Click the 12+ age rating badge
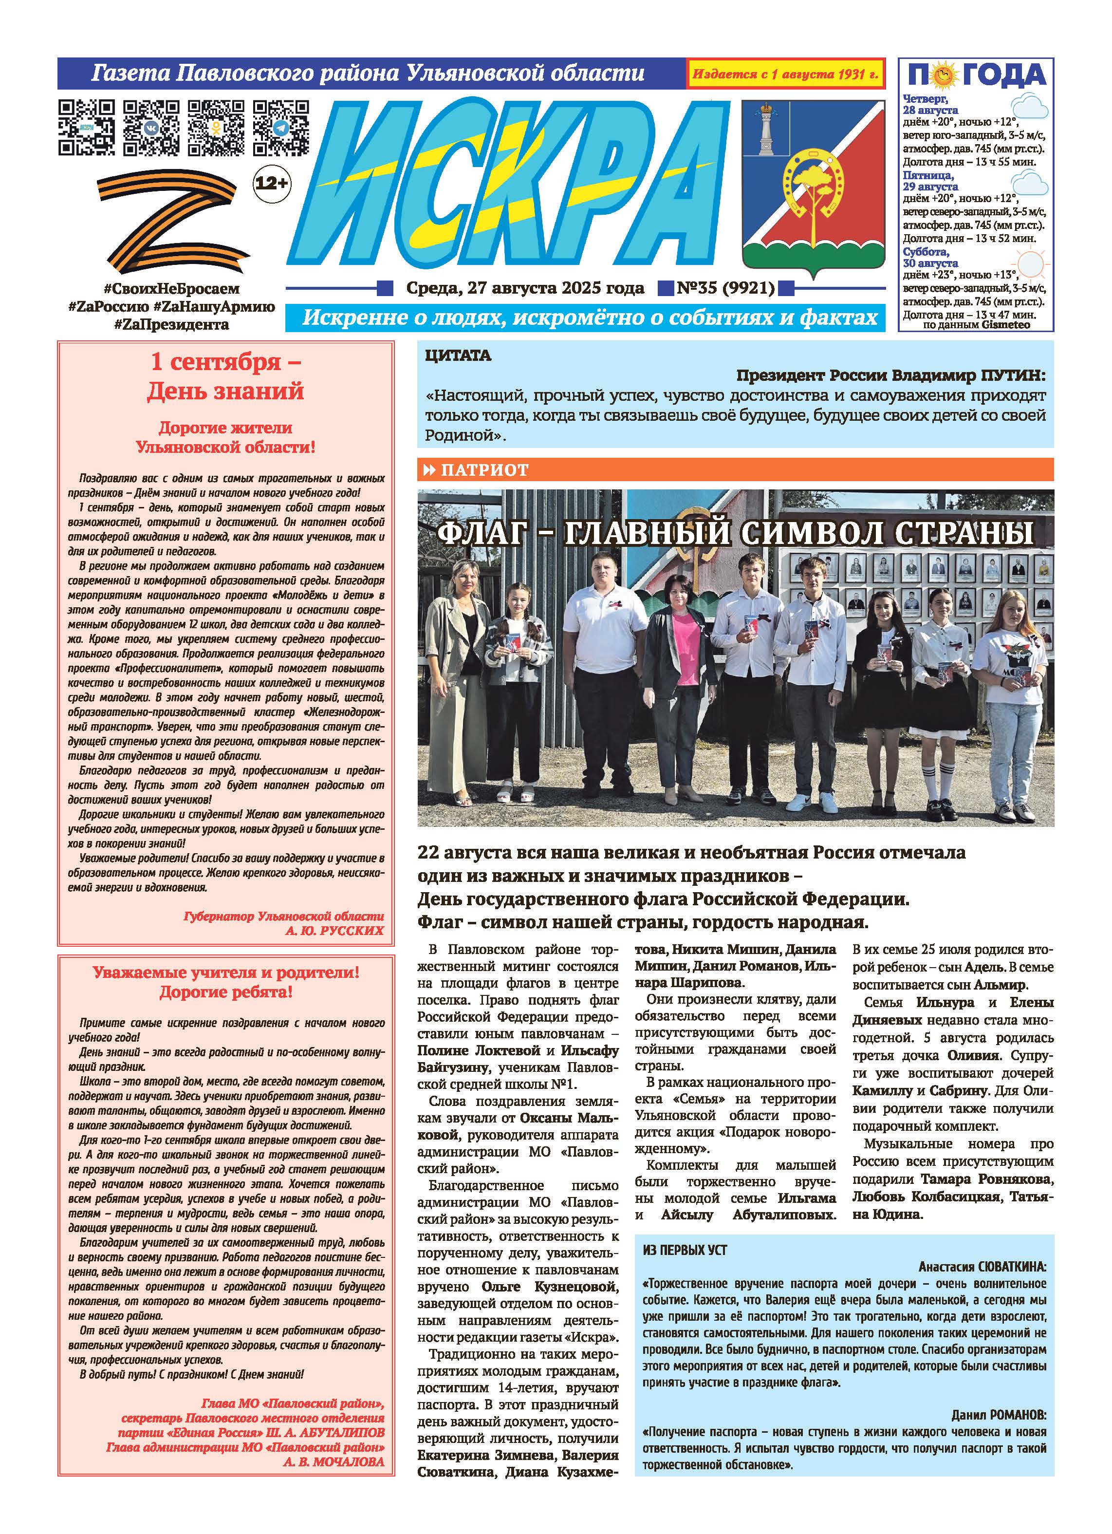click(x=271, y=183)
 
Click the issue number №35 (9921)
click(x=725, y=289)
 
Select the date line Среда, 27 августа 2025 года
click(x=525, y=289)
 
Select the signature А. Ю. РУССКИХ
click(x=334, y=931)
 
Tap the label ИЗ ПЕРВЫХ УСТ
click(x=685, y=1251)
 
